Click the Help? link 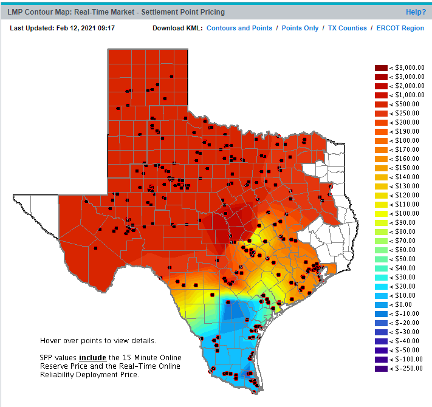click(x=416, y=12)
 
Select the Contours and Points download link click(x=239, y=28)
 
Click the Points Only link click(x=300, y=28)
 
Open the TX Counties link click(x=348, y=28)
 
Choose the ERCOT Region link click(x=400, y=28)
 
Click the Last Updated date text click(x=63, y=28)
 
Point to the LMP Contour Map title click(x=115, y=12)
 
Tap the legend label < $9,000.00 click(x=406, y=68)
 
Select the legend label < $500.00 click(x=406, y=104)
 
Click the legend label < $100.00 click(x=406, y=214)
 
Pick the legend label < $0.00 click(x=406, y=304)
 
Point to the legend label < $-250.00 click(x=406, y=368)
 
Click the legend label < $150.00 click(x=406, y=168)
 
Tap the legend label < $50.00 click(x=406, y=259)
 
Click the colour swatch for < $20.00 click(x=381, y=286)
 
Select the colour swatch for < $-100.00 click(x=381, y=359)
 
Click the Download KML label click(x=177, y=28)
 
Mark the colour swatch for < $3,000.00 click(x=381, y=77)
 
